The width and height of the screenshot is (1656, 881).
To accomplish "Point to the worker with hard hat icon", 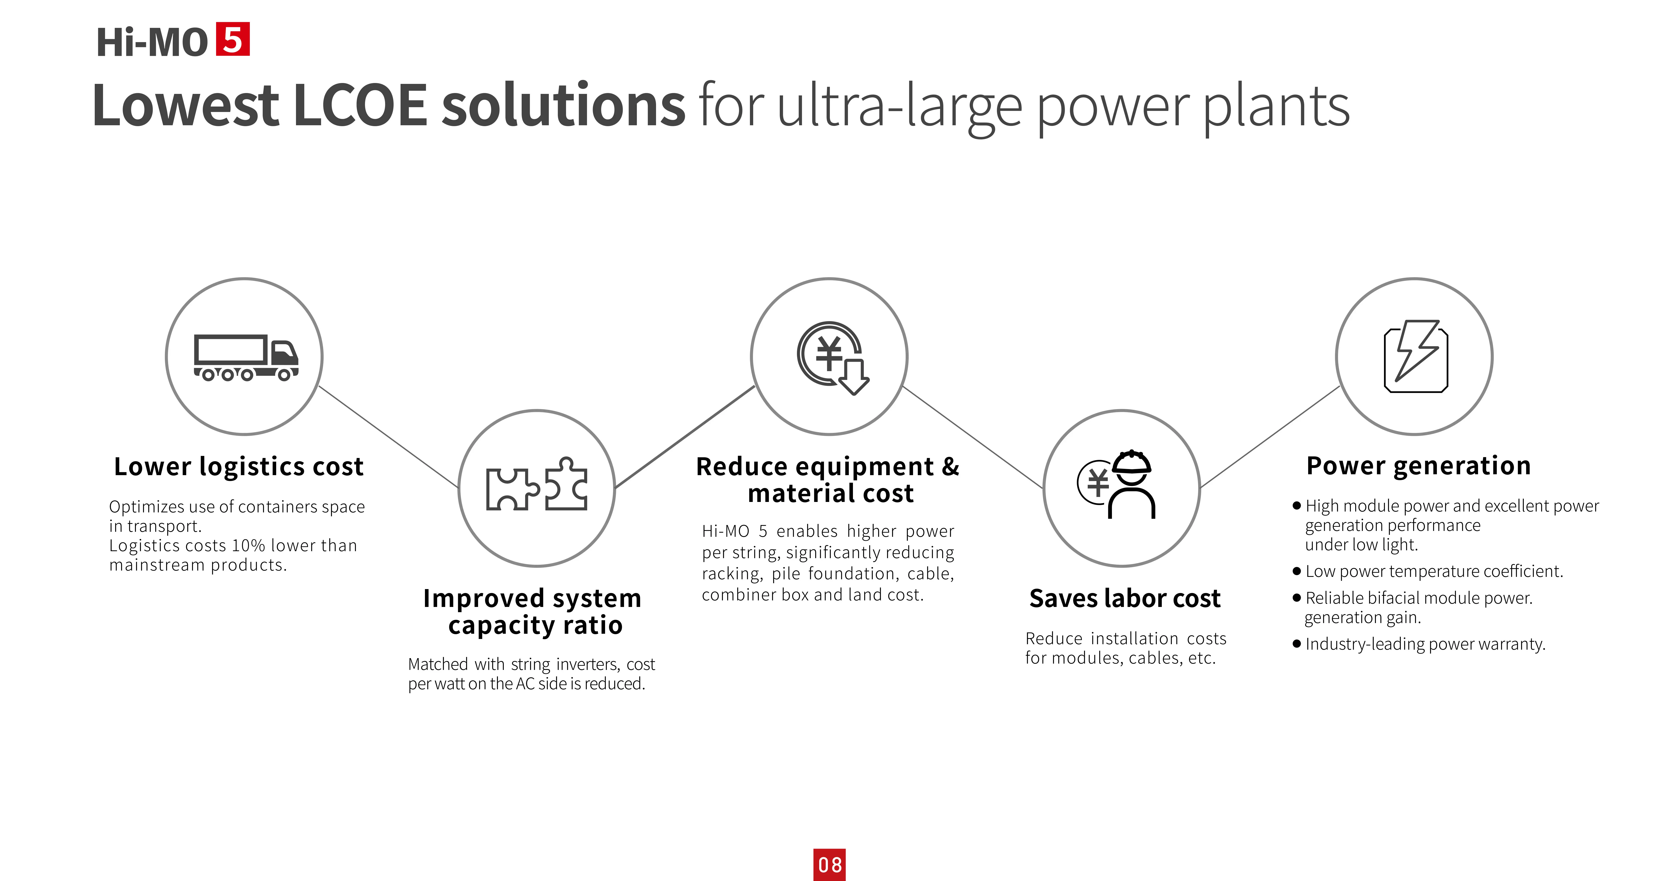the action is (1117, 484).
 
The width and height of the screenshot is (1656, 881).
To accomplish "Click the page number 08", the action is (829, 865).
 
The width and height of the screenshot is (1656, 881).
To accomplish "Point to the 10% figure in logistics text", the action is (248, 545).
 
